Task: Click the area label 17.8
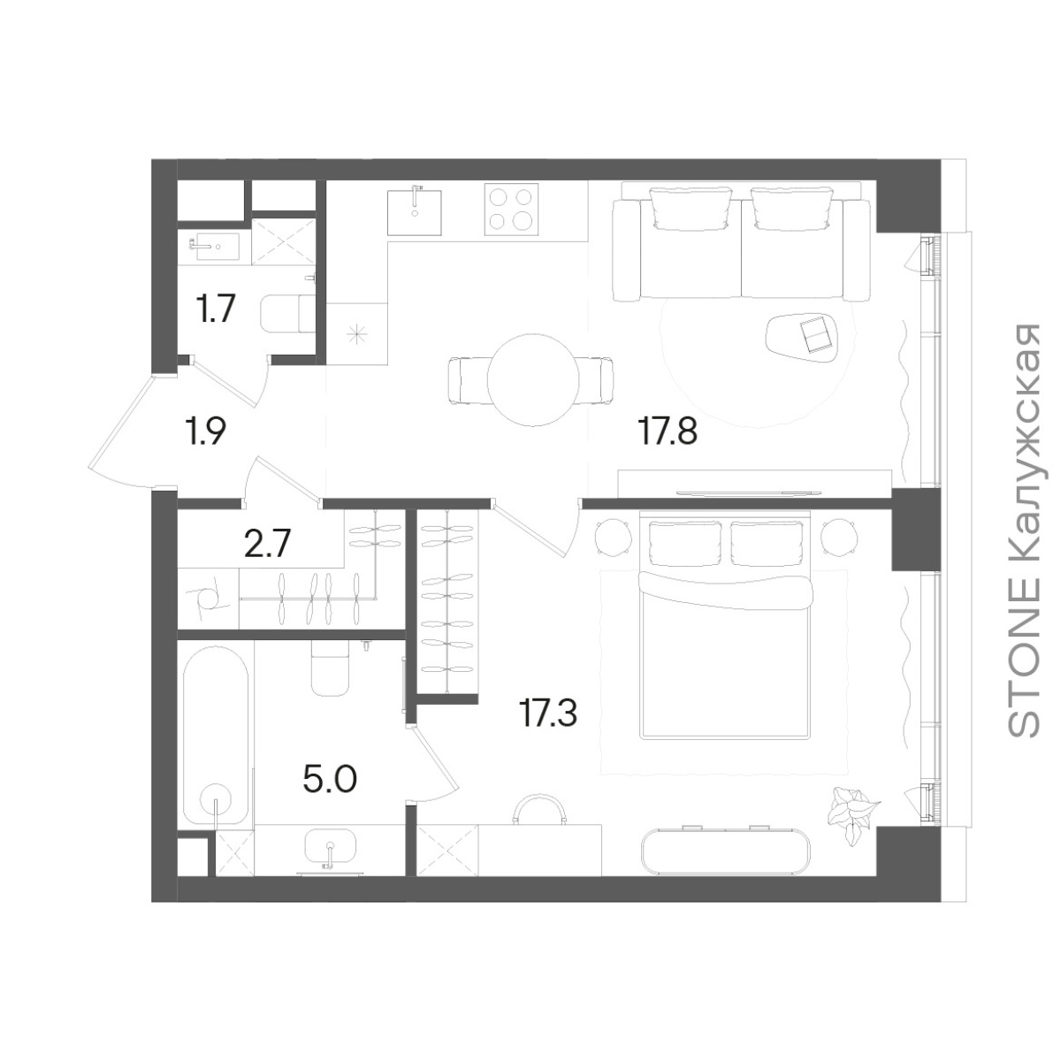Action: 668,431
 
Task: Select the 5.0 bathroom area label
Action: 331,779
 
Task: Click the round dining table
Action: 533,379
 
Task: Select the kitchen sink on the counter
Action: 414,211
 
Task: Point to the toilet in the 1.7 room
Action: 288,314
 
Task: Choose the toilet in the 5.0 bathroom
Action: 330,668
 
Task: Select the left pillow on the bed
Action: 685,545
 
